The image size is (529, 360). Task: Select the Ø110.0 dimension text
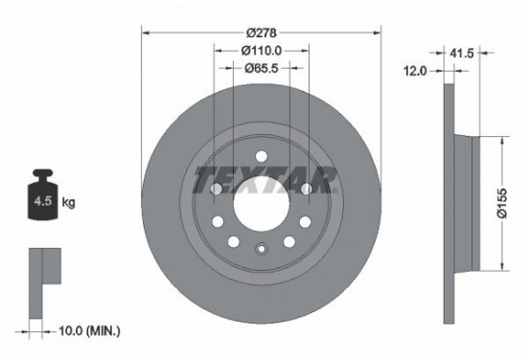coord(261,50)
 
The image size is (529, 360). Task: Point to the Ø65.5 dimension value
coord(261,68)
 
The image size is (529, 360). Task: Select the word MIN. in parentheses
coord(104,331)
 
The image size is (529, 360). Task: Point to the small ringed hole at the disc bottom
coord(261,251)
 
